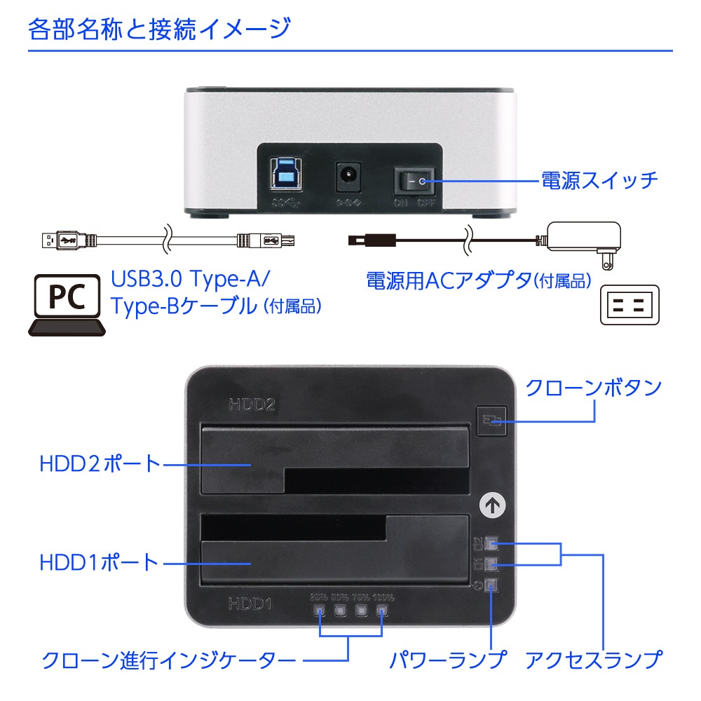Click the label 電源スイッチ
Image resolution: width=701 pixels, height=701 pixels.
click(x=599, y=180)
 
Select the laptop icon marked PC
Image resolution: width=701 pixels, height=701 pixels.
click(x=67, y=304)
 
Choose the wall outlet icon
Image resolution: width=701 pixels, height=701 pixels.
click(x=630, y=304)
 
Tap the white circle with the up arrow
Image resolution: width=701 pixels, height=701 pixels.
click(x=494, y=503)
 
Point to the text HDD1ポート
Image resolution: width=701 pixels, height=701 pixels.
click(x=99, y=562)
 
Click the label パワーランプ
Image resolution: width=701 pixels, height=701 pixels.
click(x=447, y=660)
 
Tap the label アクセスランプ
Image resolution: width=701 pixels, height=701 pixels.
click(x=593, y=660)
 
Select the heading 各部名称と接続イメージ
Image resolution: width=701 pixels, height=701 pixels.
click(x=159, y=29)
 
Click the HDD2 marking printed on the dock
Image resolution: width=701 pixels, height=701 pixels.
click(x=250, y=404)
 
